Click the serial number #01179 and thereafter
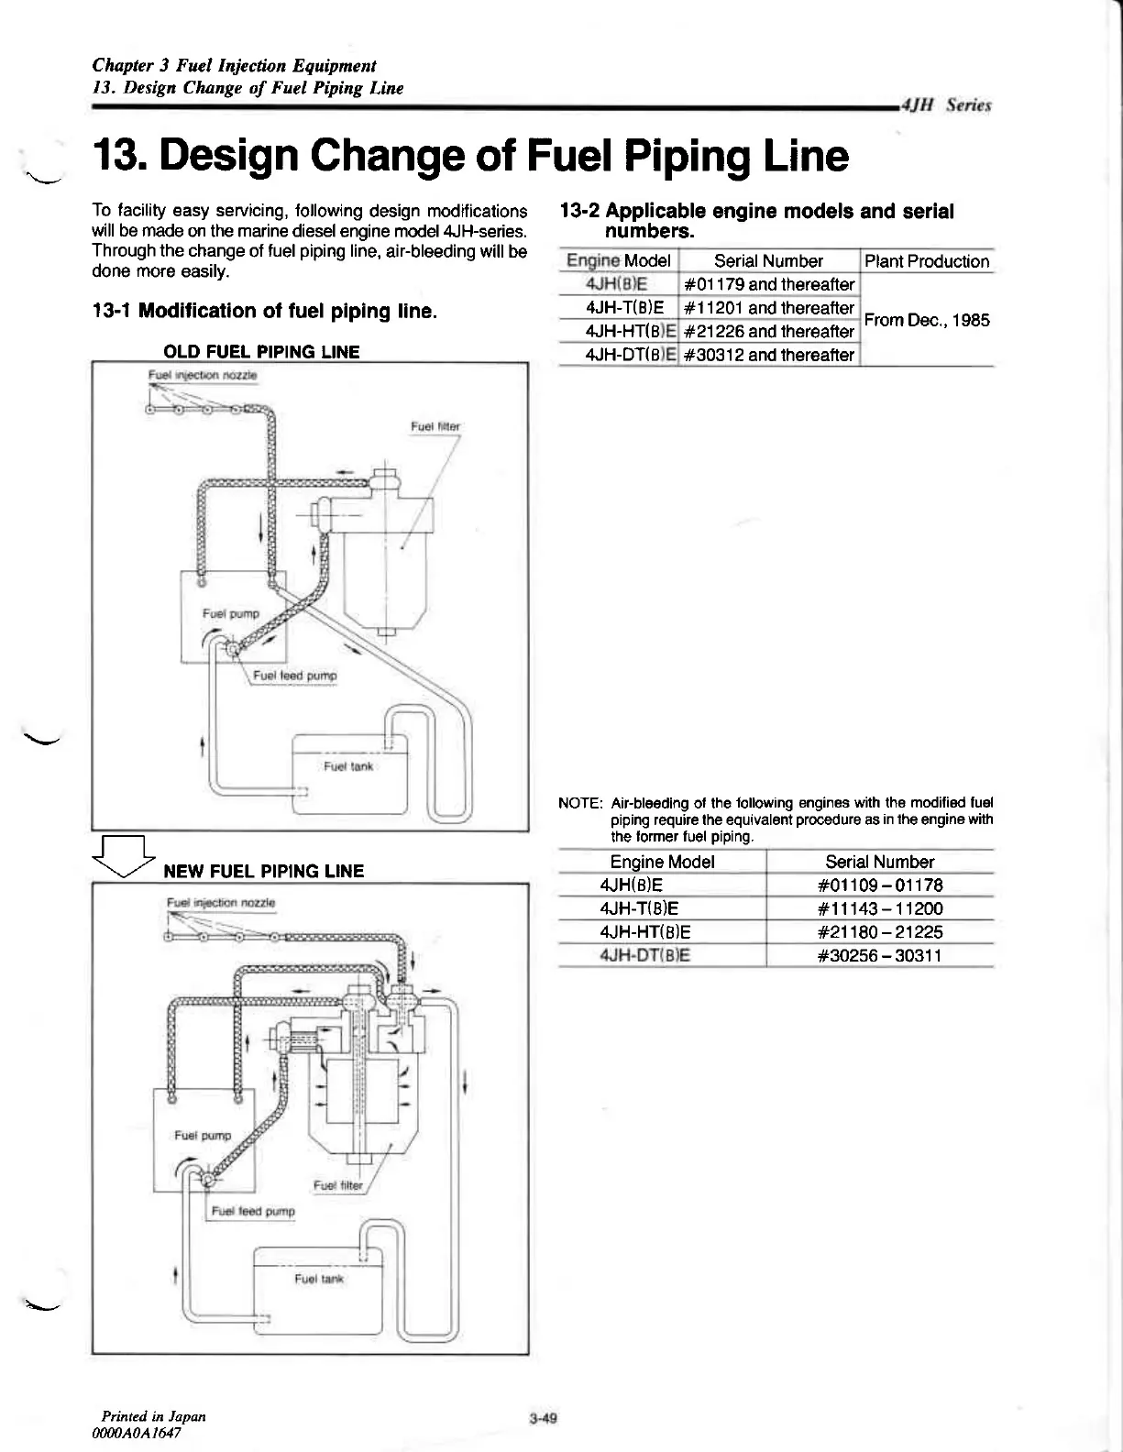[x=768, y=284]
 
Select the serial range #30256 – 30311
[x=879, y=956]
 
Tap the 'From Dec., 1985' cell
[x=927, y=320]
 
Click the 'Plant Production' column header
[x=927, y=261]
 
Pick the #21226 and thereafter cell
[x=768, y=332]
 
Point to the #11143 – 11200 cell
[x=879, y=909]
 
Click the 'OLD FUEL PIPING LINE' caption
[x=261, y=352]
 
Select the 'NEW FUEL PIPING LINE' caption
[x=263, y=871]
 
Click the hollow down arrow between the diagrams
[x=127, y=860]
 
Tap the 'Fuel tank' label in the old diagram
[x=348, y=765]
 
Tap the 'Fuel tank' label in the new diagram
[x=319, y=1279]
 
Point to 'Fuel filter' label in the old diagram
[x=435, y=426]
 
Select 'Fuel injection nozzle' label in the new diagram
[x=221, y=903]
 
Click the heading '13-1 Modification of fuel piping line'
[x=264, y=311]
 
